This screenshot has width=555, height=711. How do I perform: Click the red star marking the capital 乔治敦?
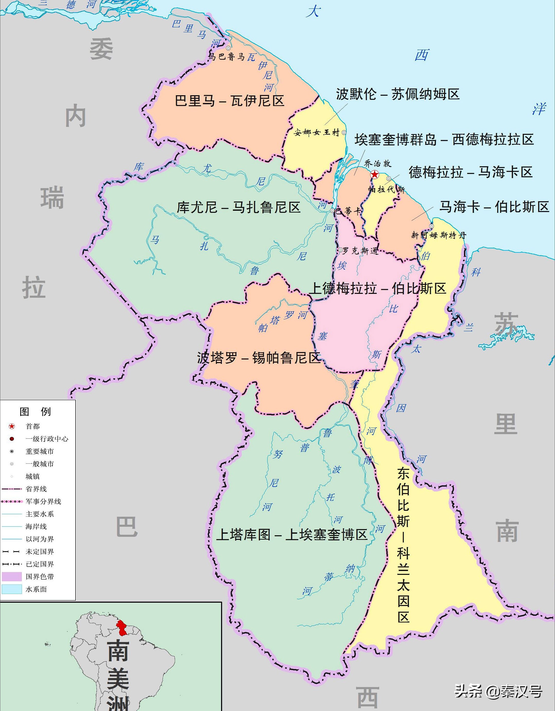pyautogui.click(x=375, y=175)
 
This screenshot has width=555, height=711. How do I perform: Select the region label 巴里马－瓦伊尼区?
pyautogui.click(x=230, y=101)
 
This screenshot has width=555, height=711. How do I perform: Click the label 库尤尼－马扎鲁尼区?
pyautogui.click(x=239, y=207)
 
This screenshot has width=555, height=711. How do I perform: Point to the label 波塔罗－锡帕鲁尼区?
pyautogui.click(x=259, y=358)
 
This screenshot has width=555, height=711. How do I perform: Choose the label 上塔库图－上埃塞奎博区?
pyautogui.click(x=292, y=534)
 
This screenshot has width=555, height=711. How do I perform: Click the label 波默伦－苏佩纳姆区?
pyautogui.click(x=398, y=94)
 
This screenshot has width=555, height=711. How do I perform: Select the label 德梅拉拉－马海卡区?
pyautogui.click(x=470, y=172)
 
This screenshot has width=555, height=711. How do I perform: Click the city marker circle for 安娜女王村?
pyautogui.click(x=344, y=133)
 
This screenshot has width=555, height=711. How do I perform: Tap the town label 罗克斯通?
pyautogui.click(x=360, y=250)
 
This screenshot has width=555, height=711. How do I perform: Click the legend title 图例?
pyautogui.click(x=35, y=411)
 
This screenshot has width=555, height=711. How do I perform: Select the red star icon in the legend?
pyautogui.click(x=12, y=426)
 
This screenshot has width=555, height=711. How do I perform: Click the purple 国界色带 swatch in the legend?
pyautogui.click(x=12, y=577)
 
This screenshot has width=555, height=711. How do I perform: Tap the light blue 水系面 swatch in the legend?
pyautogui.click(x=12, y=589)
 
